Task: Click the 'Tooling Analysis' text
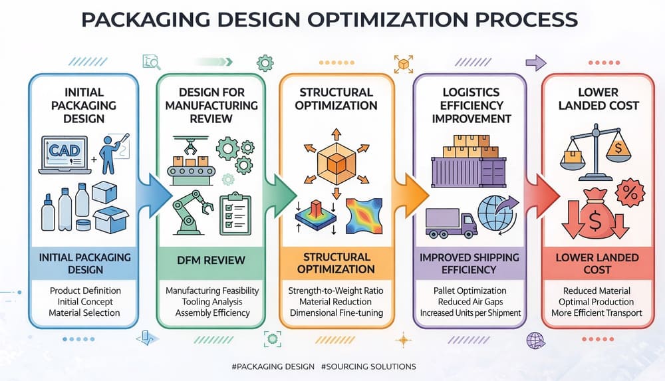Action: [x=212, y=302]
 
